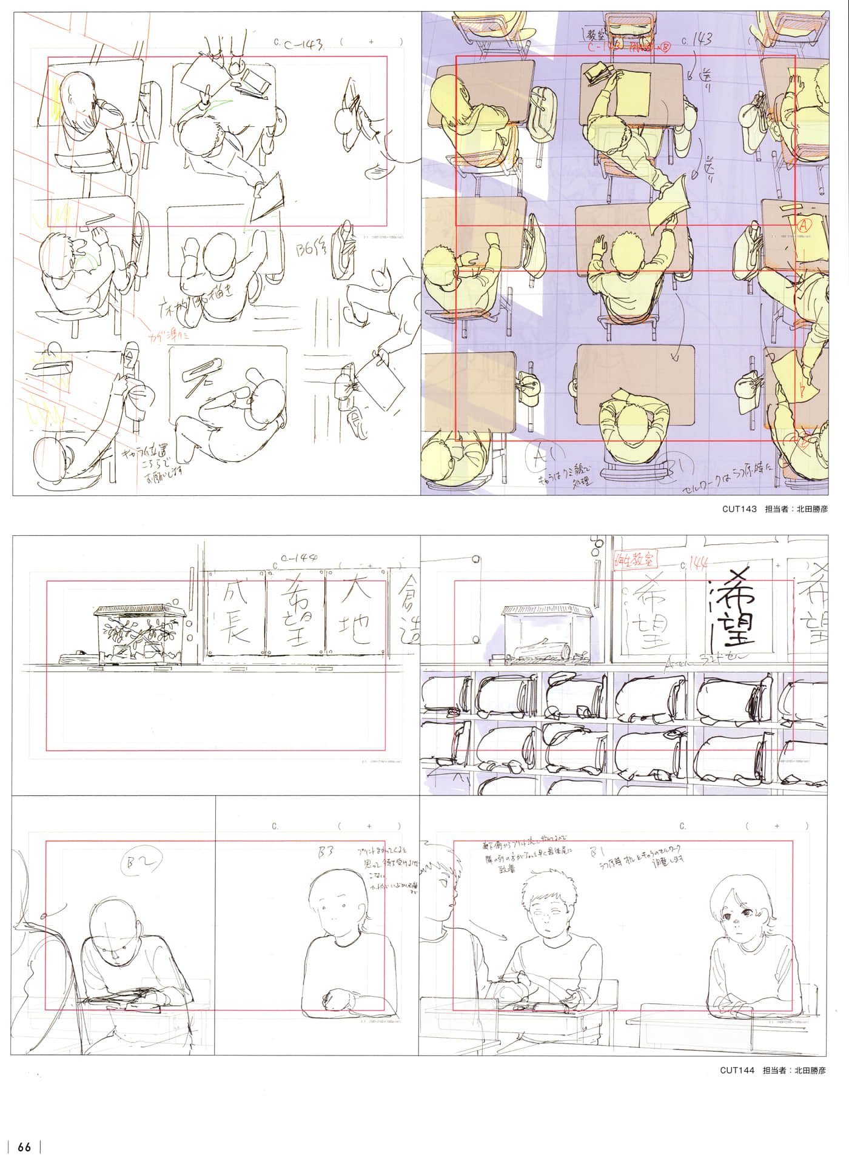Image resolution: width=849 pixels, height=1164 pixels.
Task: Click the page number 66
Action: tap(24, 1147)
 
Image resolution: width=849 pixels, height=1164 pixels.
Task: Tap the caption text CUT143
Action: tap(739, 509)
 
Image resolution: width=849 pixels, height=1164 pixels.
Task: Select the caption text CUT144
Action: tap(737, 1071)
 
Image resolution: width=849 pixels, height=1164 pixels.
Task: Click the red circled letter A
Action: tap(804, 224)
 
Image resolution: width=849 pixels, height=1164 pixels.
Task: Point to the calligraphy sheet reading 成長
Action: tap(235, 612)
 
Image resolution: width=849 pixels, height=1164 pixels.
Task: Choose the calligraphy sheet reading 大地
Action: tap(356, 612)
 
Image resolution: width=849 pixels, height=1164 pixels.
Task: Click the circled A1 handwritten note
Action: tap(540, 456)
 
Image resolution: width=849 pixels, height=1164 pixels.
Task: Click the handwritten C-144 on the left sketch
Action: tap(301, 558)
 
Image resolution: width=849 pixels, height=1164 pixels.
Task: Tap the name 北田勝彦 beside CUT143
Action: tap(811, 509)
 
